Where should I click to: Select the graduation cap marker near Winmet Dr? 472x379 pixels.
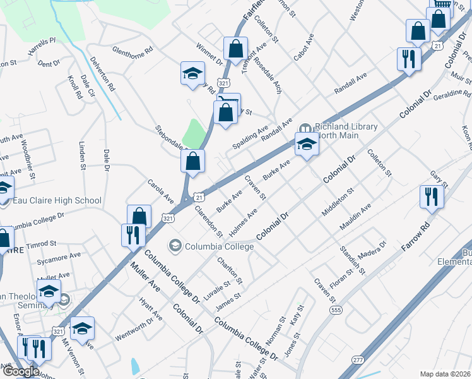(192, 74)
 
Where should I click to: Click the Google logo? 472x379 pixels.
(20, 371)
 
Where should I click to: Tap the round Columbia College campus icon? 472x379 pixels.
(175, 244)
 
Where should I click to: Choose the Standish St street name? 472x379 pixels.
(354, 260)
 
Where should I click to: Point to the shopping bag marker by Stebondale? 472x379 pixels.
(192, 161)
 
